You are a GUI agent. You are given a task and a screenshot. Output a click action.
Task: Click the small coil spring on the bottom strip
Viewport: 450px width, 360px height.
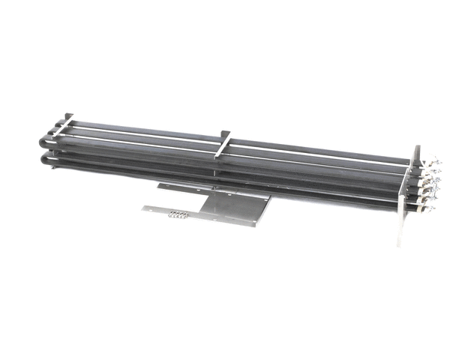pyautogui.click(x=177, y=216)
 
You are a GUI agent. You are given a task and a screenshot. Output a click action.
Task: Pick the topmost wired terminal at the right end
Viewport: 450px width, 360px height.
pyautogui.click(x=430, y=162)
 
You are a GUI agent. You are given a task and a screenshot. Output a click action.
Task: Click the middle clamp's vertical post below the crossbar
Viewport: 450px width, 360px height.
pyautogui.click(x=218, y=161)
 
